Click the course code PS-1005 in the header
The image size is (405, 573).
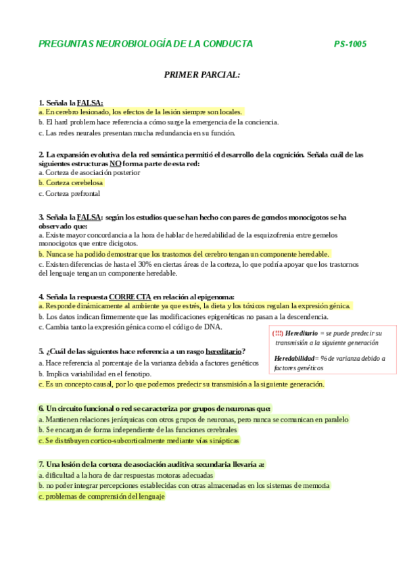point(350,44)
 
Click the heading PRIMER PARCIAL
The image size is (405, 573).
point(202,74)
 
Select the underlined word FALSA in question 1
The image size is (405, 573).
point(90,103)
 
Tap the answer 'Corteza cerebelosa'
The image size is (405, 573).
point(71,182)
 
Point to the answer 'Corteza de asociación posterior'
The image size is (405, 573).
point(90,172)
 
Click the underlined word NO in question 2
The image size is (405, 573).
point(116,164)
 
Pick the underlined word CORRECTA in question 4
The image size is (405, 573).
point(130,296)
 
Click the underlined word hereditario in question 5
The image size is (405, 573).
point(223,351)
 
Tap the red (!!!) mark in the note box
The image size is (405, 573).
point(277,334)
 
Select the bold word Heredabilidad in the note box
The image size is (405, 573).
point(295,358)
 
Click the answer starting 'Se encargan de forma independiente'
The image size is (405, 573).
point(138,430)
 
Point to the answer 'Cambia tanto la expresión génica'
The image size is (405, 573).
point(130,327)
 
